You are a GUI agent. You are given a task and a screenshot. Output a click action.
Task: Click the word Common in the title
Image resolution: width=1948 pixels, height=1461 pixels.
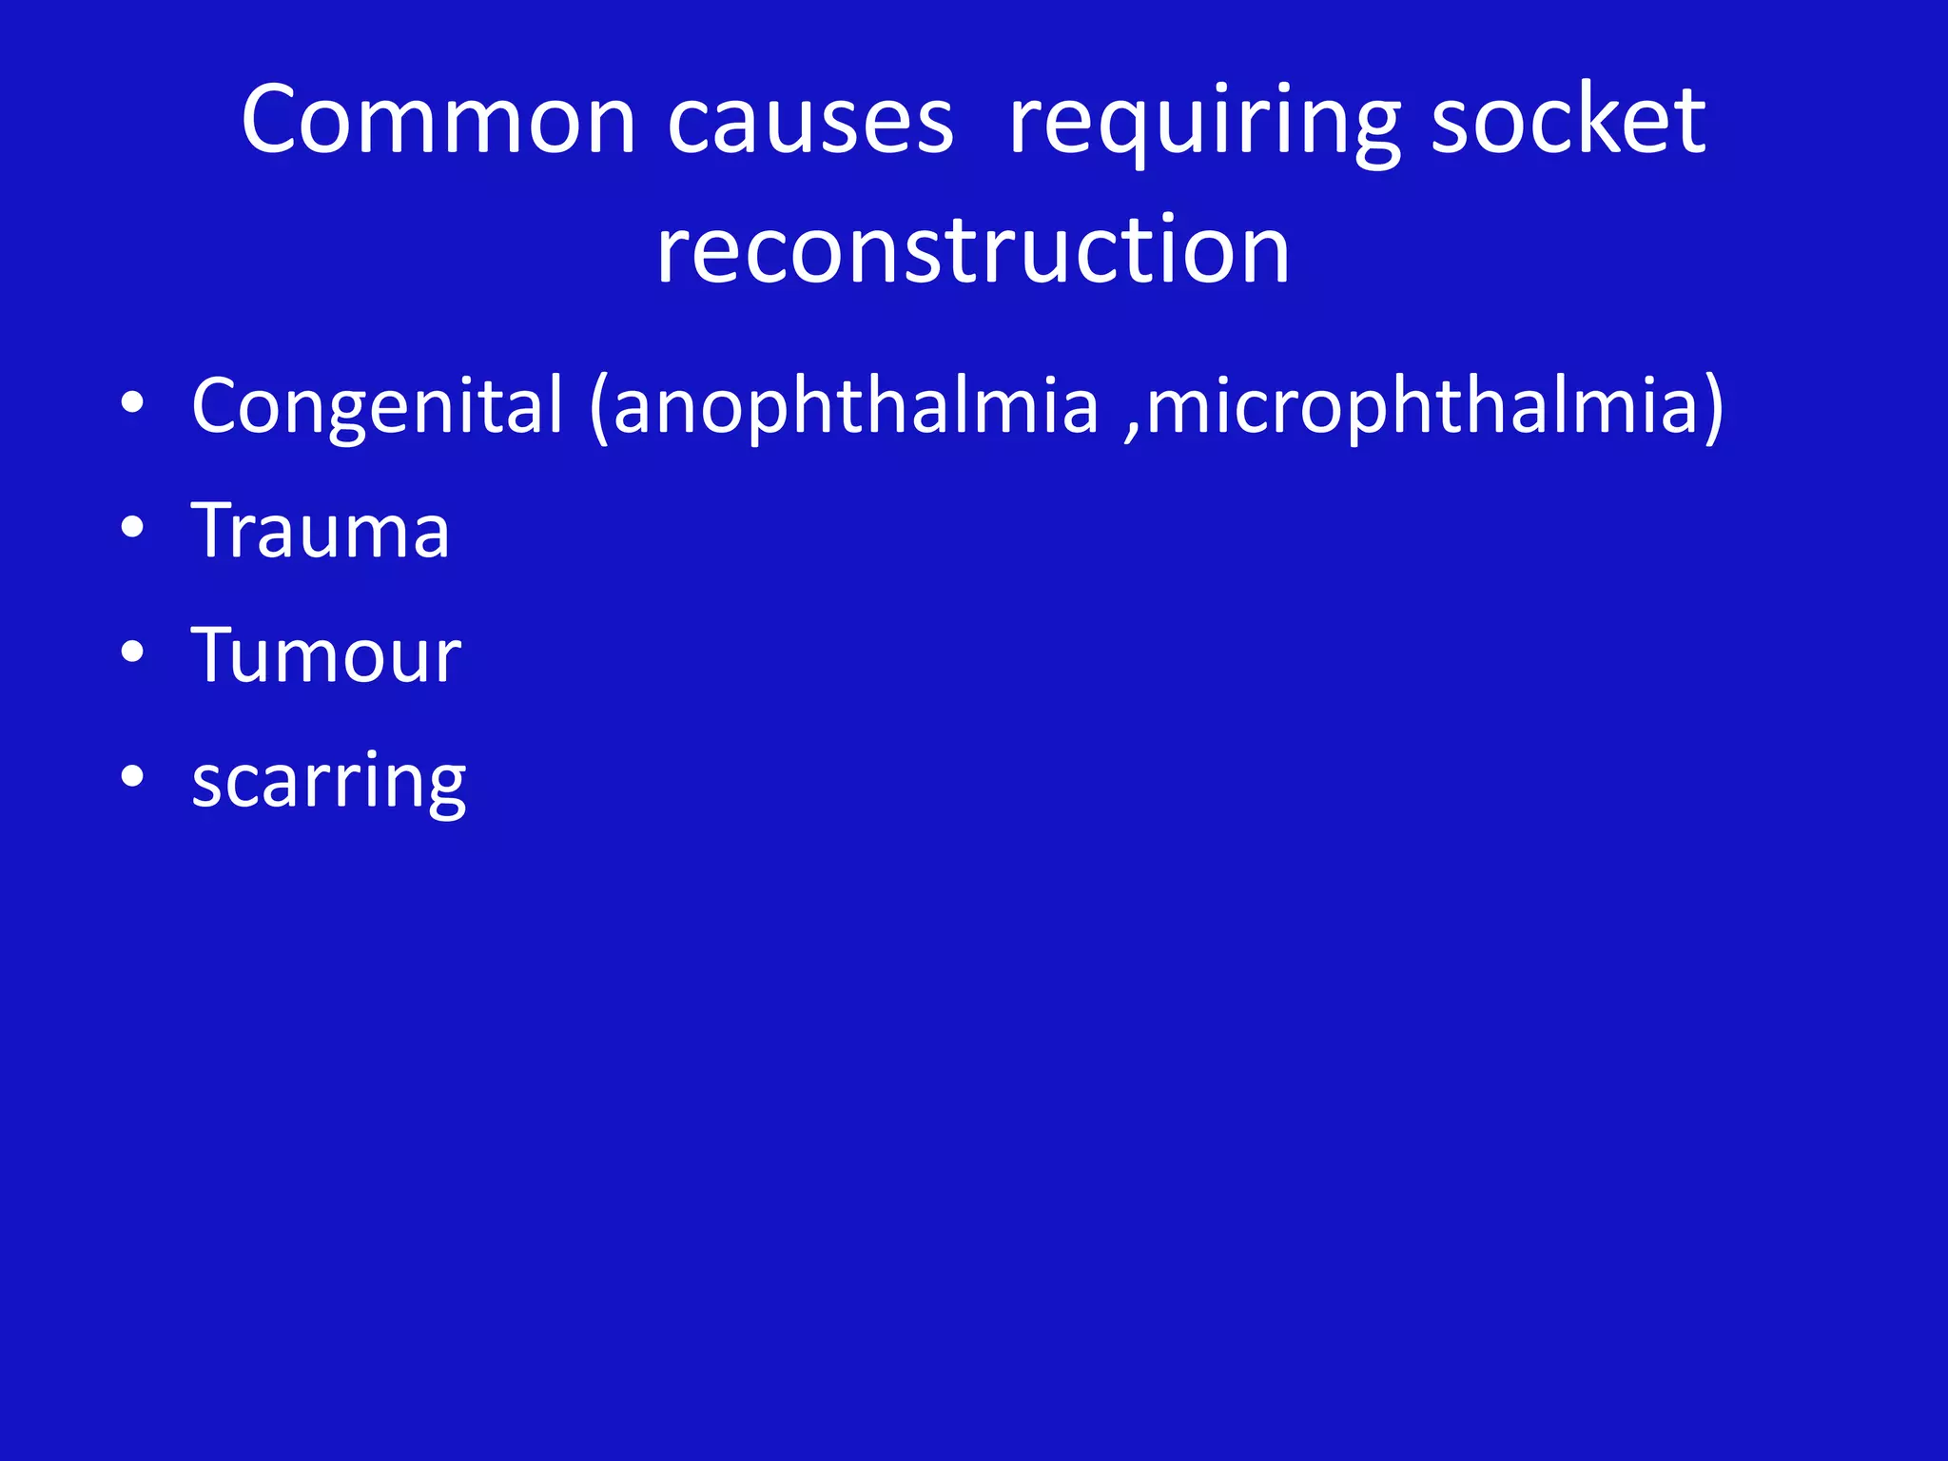click(438, 121)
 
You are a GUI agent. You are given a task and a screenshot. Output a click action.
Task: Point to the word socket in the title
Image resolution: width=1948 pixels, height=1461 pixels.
click(1568, 121)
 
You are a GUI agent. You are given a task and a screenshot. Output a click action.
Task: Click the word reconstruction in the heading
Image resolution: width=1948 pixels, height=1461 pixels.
click(973, 250)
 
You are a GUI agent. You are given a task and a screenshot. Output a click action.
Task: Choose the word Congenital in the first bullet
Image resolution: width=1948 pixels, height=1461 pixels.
click(378, 407)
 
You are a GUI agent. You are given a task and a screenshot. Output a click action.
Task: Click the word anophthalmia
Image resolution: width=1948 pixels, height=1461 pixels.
click(855, 407)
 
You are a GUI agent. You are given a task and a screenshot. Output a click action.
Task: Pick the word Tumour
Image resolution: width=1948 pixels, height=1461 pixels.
click(326, 655)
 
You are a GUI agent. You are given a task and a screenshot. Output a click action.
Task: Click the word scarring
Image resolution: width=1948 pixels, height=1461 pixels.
click(328, 782)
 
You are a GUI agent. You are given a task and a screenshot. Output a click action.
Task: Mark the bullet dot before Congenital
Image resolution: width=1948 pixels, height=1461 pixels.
click(132, 403)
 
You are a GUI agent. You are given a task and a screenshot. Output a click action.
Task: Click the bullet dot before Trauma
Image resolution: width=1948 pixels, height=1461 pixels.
click(132, 528)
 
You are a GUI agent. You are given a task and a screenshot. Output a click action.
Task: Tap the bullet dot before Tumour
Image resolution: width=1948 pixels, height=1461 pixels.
click(132, 653)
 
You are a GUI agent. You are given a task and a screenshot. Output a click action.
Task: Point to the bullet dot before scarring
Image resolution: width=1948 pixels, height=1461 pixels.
click(132, 777)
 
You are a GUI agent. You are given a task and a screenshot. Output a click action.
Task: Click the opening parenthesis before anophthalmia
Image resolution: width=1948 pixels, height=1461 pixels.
click(598, 409)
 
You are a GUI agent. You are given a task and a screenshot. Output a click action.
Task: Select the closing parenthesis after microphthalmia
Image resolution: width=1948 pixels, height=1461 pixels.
click(1713, 409)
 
